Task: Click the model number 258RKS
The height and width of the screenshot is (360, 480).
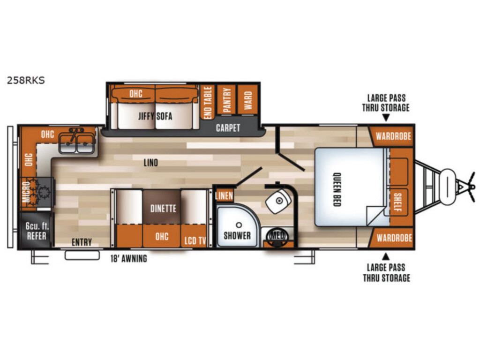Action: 26,80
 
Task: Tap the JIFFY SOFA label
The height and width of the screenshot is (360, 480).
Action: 155,116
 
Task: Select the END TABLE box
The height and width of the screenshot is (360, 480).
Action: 208,103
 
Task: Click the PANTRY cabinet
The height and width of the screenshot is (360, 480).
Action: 226,100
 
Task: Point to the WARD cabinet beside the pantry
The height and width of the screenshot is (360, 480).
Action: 247,100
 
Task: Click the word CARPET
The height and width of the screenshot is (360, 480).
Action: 228,128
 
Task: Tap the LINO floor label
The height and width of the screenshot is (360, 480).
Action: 151,163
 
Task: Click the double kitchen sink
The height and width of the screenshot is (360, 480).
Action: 76,141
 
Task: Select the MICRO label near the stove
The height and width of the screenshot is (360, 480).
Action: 26,192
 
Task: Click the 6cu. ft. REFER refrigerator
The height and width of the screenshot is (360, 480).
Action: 36,231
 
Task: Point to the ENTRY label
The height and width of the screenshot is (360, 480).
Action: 82,242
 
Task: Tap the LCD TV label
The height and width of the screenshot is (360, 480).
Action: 195,240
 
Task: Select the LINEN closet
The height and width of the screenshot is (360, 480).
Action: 225,195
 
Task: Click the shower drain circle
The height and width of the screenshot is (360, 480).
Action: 239,225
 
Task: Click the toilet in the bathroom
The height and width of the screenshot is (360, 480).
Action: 278,201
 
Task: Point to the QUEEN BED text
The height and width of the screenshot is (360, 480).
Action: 337,189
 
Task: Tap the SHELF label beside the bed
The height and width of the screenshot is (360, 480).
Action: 397,202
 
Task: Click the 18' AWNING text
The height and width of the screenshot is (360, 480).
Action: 128,259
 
